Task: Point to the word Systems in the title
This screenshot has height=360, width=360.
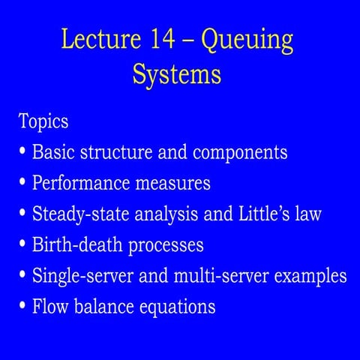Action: [x=177, y=75]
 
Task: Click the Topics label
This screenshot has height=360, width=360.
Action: [x=43, y=121]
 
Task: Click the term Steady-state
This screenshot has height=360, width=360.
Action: [x=79, y=214]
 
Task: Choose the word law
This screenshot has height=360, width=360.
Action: [x=308, y=214]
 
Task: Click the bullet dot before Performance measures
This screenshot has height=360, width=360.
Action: [x=23, y=183]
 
